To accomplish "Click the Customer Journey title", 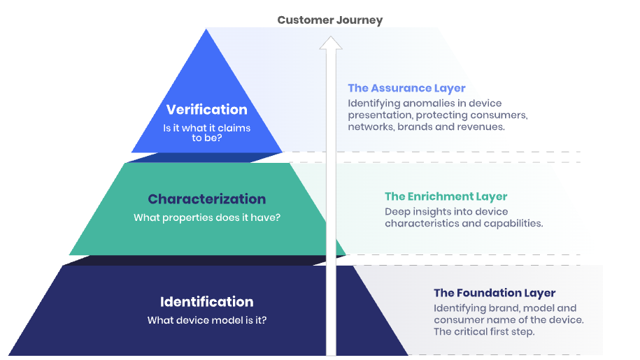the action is click(330, 20).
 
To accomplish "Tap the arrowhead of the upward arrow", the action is click(331, 43).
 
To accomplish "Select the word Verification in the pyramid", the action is click(206, 109).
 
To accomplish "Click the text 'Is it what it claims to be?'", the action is click(206, 133).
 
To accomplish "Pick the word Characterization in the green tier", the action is click(206, 199).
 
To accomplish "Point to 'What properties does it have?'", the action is click(207, 217).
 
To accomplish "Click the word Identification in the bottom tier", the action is click(206, 302).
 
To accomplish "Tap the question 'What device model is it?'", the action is click(207, 320).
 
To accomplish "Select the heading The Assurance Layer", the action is click(406, 89).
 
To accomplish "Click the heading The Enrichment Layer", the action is click(446, 196).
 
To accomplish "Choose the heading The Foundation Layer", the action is click(495, 293).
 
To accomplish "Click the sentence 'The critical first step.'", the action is click(484, 332).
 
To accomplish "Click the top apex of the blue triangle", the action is click(206, 29).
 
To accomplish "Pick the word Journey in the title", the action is click(360, 20).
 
